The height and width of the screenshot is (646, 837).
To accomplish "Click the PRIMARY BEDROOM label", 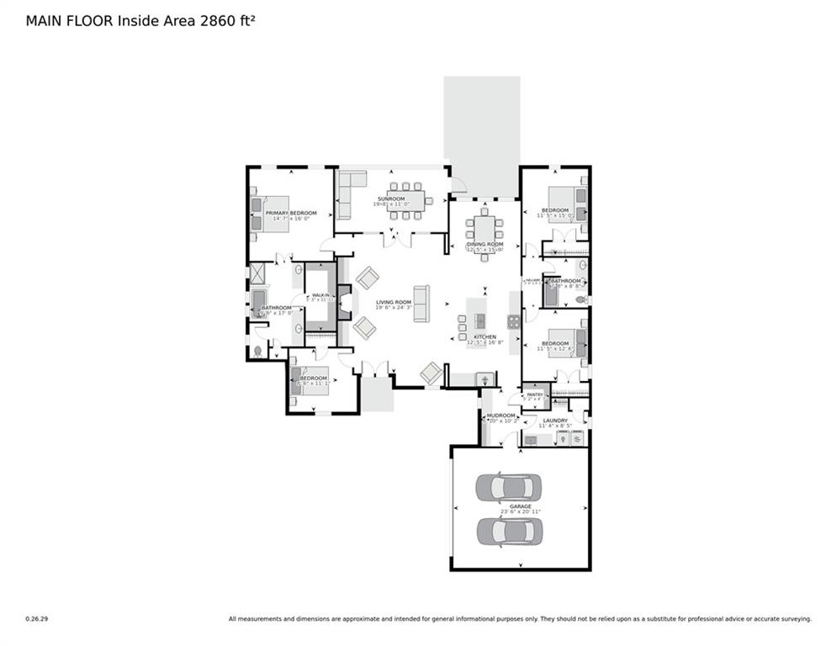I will pyautogui.click(x=291, y=213).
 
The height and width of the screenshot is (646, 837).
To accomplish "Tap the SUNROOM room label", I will pyautogui.click(x=390, y=199).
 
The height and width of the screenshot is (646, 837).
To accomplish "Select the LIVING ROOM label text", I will pyautogui.click(x=393, y=302).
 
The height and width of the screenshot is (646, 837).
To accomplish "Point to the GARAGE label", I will pyautogui.click(x=520, y=506).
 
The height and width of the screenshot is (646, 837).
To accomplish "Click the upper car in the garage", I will pyautogui.click(x=509, y=487).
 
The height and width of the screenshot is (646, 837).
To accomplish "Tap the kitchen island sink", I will pyautogui.click(x=480, y=320).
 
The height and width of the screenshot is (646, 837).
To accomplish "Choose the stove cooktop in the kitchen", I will pyautogui.click(x=513, y=320).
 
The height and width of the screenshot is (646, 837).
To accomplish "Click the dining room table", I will pyautogui.click(x=485, y=229).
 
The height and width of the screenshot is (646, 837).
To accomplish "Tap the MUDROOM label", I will pyautogui.click(x=501, y=415).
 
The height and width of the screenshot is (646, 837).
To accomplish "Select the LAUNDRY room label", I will pyautogui.click(x=555, y=420).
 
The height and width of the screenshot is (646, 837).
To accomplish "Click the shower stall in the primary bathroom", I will pyautogui.click(x=258, y=273).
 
